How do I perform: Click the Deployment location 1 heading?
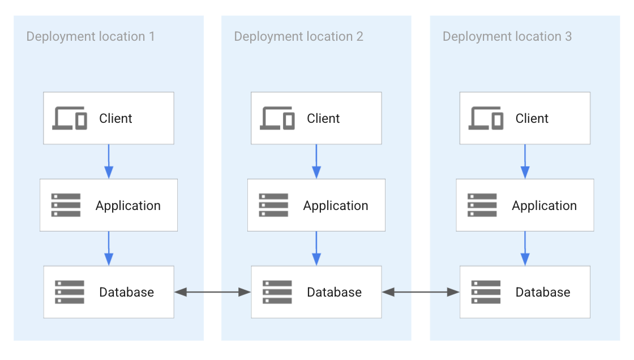point(91,37)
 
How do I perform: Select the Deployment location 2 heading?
point(298,37)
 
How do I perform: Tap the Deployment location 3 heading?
point(507,37)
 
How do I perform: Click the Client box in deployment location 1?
point(109,118)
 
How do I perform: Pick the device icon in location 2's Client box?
point(277,118)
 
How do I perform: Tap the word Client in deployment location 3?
point(532,118)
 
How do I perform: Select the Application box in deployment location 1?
point(109,205)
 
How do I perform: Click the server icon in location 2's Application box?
point(273,205)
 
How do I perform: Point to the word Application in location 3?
point(544,205)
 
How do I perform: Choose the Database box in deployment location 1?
point(109,292)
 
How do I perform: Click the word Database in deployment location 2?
point(334,292)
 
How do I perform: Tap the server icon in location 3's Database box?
point(486,292)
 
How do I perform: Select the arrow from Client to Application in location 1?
point(109,162)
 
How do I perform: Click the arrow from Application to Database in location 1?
point(109,248)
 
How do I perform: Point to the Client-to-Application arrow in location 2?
point(316,162)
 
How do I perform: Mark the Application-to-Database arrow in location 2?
point(316,248)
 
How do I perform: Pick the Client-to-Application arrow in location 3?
point(525,162)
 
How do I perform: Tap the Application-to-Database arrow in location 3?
point(525,248)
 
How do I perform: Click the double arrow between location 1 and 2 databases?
point(212,292)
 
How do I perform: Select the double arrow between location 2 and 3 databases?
point(421,292)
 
